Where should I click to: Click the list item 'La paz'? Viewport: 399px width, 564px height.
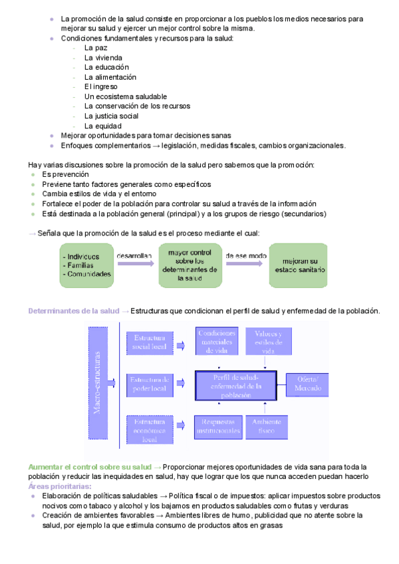coord(96,49)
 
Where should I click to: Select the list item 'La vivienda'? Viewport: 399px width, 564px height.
coord(103,58)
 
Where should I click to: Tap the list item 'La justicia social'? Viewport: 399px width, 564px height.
coord(111,116)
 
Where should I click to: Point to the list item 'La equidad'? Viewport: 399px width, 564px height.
coord(102,126)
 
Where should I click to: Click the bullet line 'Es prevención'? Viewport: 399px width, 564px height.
coord(65,174)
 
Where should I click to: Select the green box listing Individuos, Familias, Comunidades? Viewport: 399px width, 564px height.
coord(86,265)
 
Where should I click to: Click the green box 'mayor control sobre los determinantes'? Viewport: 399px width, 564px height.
coord(190,265)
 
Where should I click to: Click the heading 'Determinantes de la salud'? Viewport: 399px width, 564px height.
coord(73,311)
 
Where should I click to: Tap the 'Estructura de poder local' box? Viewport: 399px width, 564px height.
coord(150,384)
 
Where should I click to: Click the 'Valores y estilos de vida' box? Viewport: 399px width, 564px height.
coord(269,341)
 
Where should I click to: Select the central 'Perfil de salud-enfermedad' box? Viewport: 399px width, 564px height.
coord(235,385)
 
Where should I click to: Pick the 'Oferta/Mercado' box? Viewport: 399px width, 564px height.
coord(307,384)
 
